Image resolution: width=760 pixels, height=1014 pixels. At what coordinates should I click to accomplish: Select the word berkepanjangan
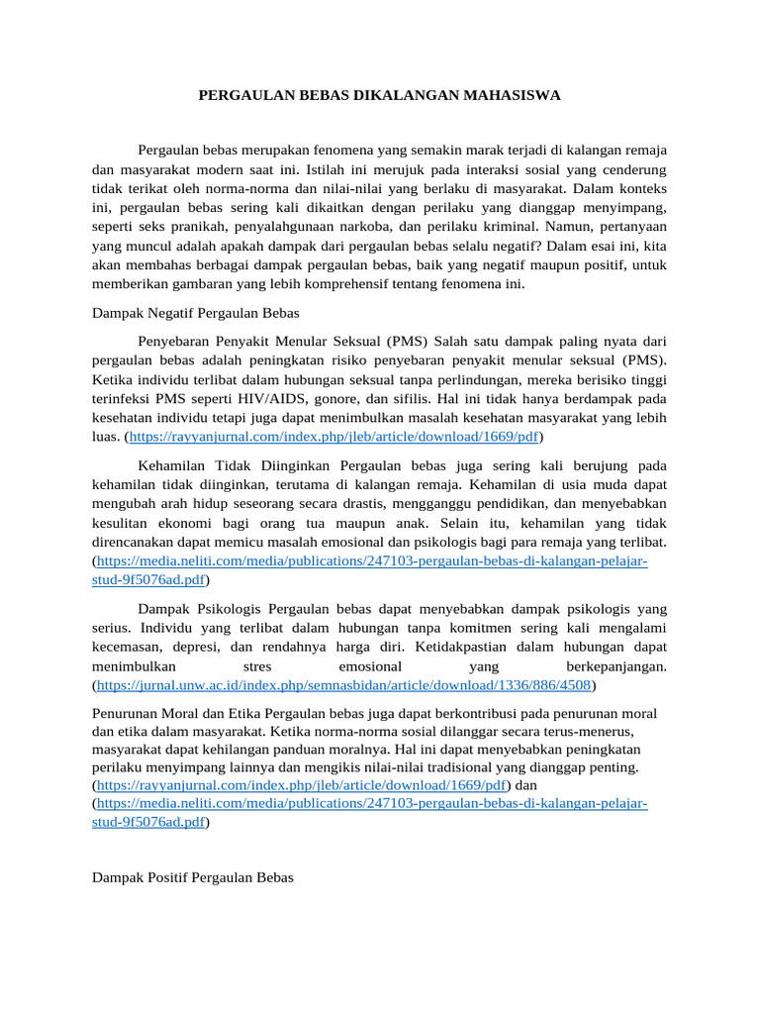pos(617,666)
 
